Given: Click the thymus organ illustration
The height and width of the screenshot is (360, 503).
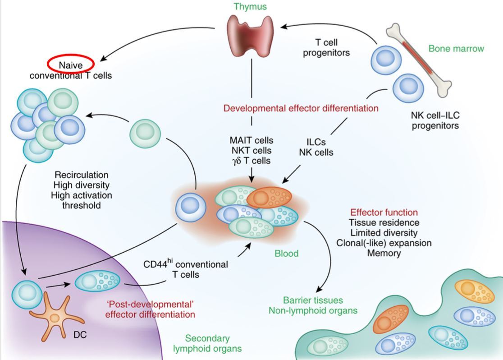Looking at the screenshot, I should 251,35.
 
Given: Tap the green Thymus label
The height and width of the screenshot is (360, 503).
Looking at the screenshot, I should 250,6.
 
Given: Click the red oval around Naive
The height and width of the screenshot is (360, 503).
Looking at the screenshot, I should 71,64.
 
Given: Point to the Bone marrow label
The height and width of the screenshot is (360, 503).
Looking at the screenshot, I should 456,48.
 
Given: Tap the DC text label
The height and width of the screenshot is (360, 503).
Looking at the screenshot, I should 80,335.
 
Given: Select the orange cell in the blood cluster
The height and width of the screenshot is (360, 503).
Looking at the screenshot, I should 269,197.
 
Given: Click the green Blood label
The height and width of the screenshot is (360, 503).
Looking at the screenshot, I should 287,253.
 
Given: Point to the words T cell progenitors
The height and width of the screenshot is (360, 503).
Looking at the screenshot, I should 326,47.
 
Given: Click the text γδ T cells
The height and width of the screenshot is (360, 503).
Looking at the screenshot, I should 251,160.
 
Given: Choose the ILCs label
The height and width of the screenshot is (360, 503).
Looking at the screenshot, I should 316,142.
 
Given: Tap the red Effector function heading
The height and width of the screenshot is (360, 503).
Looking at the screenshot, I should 384,212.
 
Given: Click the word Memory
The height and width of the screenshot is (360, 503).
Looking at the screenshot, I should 384,253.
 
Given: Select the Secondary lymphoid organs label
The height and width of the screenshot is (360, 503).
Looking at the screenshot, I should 207,343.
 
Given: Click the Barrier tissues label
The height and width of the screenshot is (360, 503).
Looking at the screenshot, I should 313,300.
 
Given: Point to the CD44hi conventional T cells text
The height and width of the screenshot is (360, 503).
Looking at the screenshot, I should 186,268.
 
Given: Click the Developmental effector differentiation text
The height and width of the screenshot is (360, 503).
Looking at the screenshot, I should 301,108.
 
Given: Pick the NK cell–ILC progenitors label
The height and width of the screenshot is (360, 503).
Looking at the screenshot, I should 435,120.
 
